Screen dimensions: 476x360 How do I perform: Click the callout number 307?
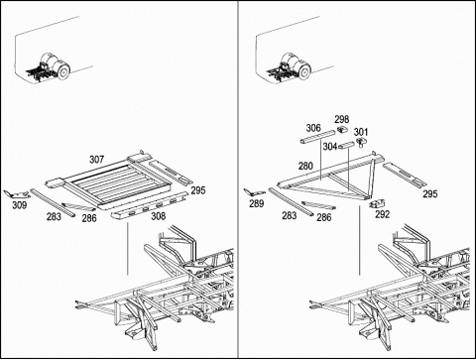96,160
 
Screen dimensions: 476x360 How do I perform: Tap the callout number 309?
20,205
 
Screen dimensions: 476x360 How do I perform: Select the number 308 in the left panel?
158,216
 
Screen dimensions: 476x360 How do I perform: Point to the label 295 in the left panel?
198,190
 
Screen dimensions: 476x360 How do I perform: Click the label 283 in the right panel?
289,215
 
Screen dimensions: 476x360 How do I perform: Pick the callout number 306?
313,128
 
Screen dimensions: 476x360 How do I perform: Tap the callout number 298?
342,119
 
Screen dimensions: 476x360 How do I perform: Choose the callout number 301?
361,132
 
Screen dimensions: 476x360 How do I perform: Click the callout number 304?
330,147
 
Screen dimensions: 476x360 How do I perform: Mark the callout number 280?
305,166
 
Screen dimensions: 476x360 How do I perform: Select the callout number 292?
382,214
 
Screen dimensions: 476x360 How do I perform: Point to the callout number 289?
257,203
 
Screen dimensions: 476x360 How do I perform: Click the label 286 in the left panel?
89,218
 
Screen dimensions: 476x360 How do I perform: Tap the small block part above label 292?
377,203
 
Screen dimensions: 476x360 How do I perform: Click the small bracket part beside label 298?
342,129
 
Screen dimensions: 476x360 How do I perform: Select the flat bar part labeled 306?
317,137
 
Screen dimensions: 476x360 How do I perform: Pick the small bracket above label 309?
17,194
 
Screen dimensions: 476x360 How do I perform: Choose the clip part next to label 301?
360,142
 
